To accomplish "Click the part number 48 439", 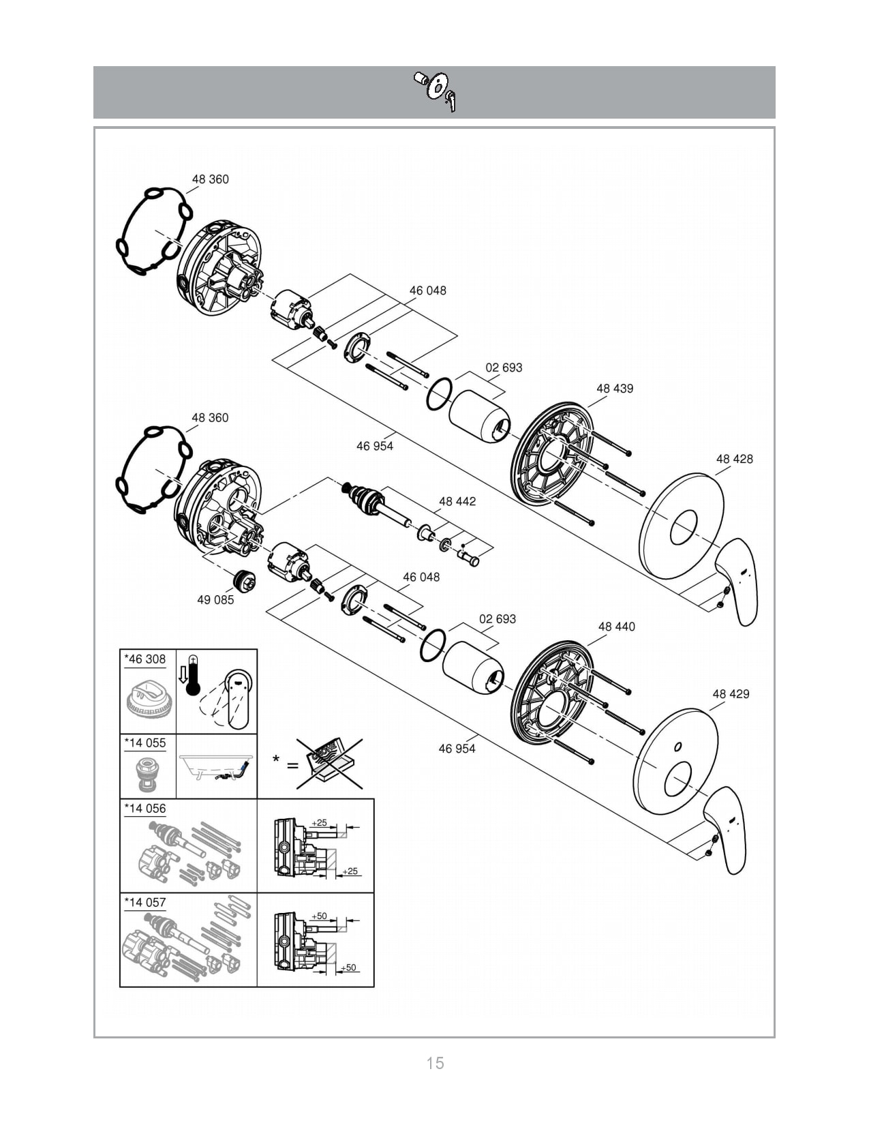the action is coord(614,388).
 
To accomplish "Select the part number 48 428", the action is coord(735,459).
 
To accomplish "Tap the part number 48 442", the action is coord(457,501).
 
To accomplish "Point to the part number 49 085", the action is coord(215,599).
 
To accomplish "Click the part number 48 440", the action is coord(616,627).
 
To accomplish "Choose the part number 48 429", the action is coord(731,693).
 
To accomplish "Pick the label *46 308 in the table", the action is coord(145,659).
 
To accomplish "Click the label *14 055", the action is coord(145,743).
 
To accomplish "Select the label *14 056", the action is coord(145,808).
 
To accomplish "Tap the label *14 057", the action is coord(145,902).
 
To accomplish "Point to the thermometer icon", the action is coord(193,675).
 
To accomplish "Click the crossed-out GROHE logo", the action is coord(329,764).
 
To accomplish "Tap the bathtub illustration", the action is coord(217,766).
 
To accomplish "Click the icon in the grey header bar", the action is coord(436,91).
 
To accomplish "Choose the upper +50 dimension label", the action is coord(319,916).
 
